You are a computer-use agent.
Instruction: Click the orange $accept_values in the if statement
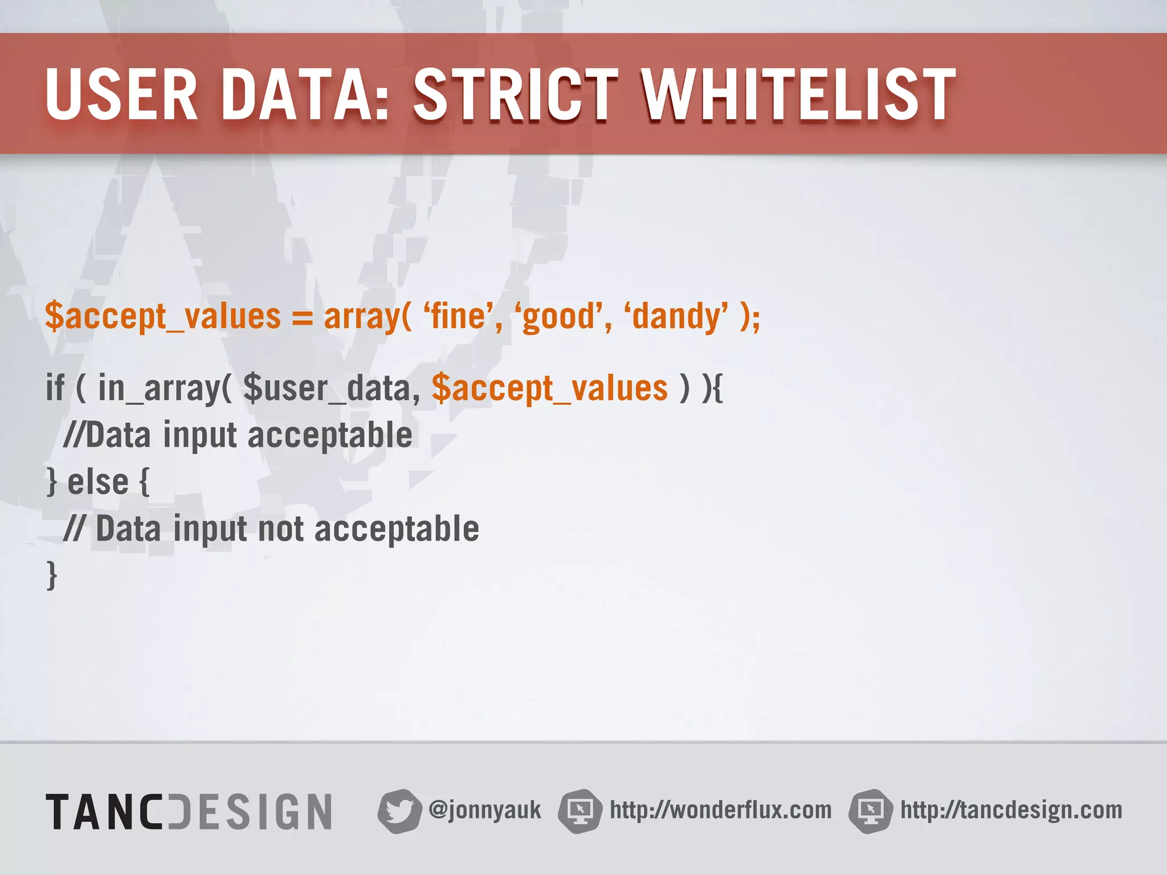pyautogui.click(x=549, y=389)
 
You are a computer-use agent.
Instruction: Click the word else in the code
pyautogui.click(x=97, y=483)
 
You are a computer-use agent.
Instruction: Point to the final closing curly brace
pyautogui.click(x=52, y=575)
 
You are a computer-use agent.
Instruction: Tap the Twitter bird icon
pyautogui.click(x=399, y=811)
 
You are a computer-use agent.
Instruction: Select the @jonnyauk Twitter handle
pyautogui.click(x=484, y=810)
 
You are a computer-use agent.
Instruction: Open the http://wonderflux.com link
pyautogui.click(x=720, y=810)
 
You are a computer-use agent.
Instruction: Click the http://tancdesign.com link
pyautogui.click(x=1011, y=810)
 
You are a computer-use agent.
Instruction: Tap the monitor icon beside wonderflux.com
pyautogui.click(x=580, y=811)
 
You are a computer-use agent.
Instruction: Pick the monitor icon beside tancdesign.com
pyautogui.click(x=870, y=811)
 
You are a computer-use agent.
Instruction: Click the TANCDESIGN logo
pyautogui.click(x=189, y=811)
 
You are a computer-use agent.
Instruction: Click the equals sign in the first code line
pyautogui.click(x=302, y=317)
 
